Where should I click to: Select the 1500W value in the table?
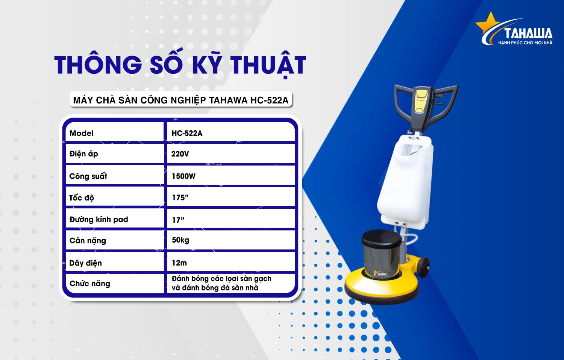pos(183,176)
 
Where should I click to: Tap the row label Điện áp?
pos(83,154)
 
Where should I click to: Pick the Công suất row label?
pos(88,176)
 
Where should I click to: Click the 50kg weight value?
pos(180,240)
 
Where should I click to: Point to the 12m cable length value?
pos(179,263)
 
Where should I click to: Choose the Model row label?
pos(81,133)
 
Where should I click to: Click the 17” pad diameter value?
pos(178,220)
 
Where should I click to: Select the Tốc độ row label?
pos(82,198)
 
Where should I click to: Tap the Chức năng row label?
pos(89,283)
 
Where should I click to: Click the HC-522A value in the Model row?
pos(187,133)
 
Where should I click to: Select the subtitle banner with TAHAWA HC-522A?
pos(181,100)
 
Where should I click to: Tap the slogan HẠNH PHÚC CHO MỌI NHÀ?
pos(525,43)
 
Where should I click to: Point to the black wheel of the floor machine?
pos(423,267)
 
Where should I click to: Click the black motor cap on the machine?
pos(382,239)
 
